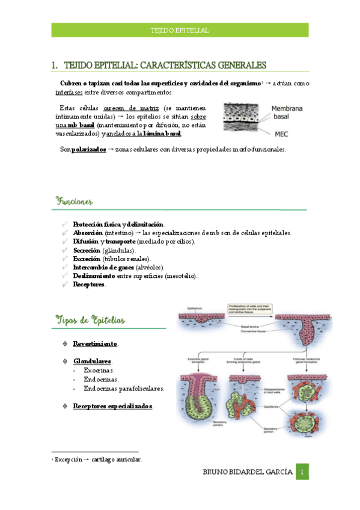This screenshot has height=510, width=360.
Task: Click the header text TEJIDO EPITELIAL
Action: pyautogui.click(x=180, y=30)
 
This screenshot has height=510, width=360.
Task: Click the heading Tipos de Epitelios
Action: pyautogui.click(x=90, y=320)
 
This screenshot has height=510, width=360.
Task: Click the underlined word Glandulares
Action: pyautogui.click(x=92, y=361)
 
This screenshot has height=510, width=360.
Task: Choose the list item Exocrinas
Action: pyautogui.click(x=99, y=370)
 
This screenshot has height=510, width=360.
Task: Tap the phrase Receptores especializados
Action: pyautogui.click(x=112, y=406)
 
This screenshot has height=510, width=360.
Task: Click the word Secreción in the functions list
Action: pyautogui.click(x=87, y=250)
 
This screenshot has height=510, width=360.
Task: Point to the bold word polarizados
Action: pyautogui.click(x=88, y=149)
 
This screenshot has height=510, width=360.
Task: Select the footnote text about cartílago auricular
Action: pyautogui.click(x=98, y=459)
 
